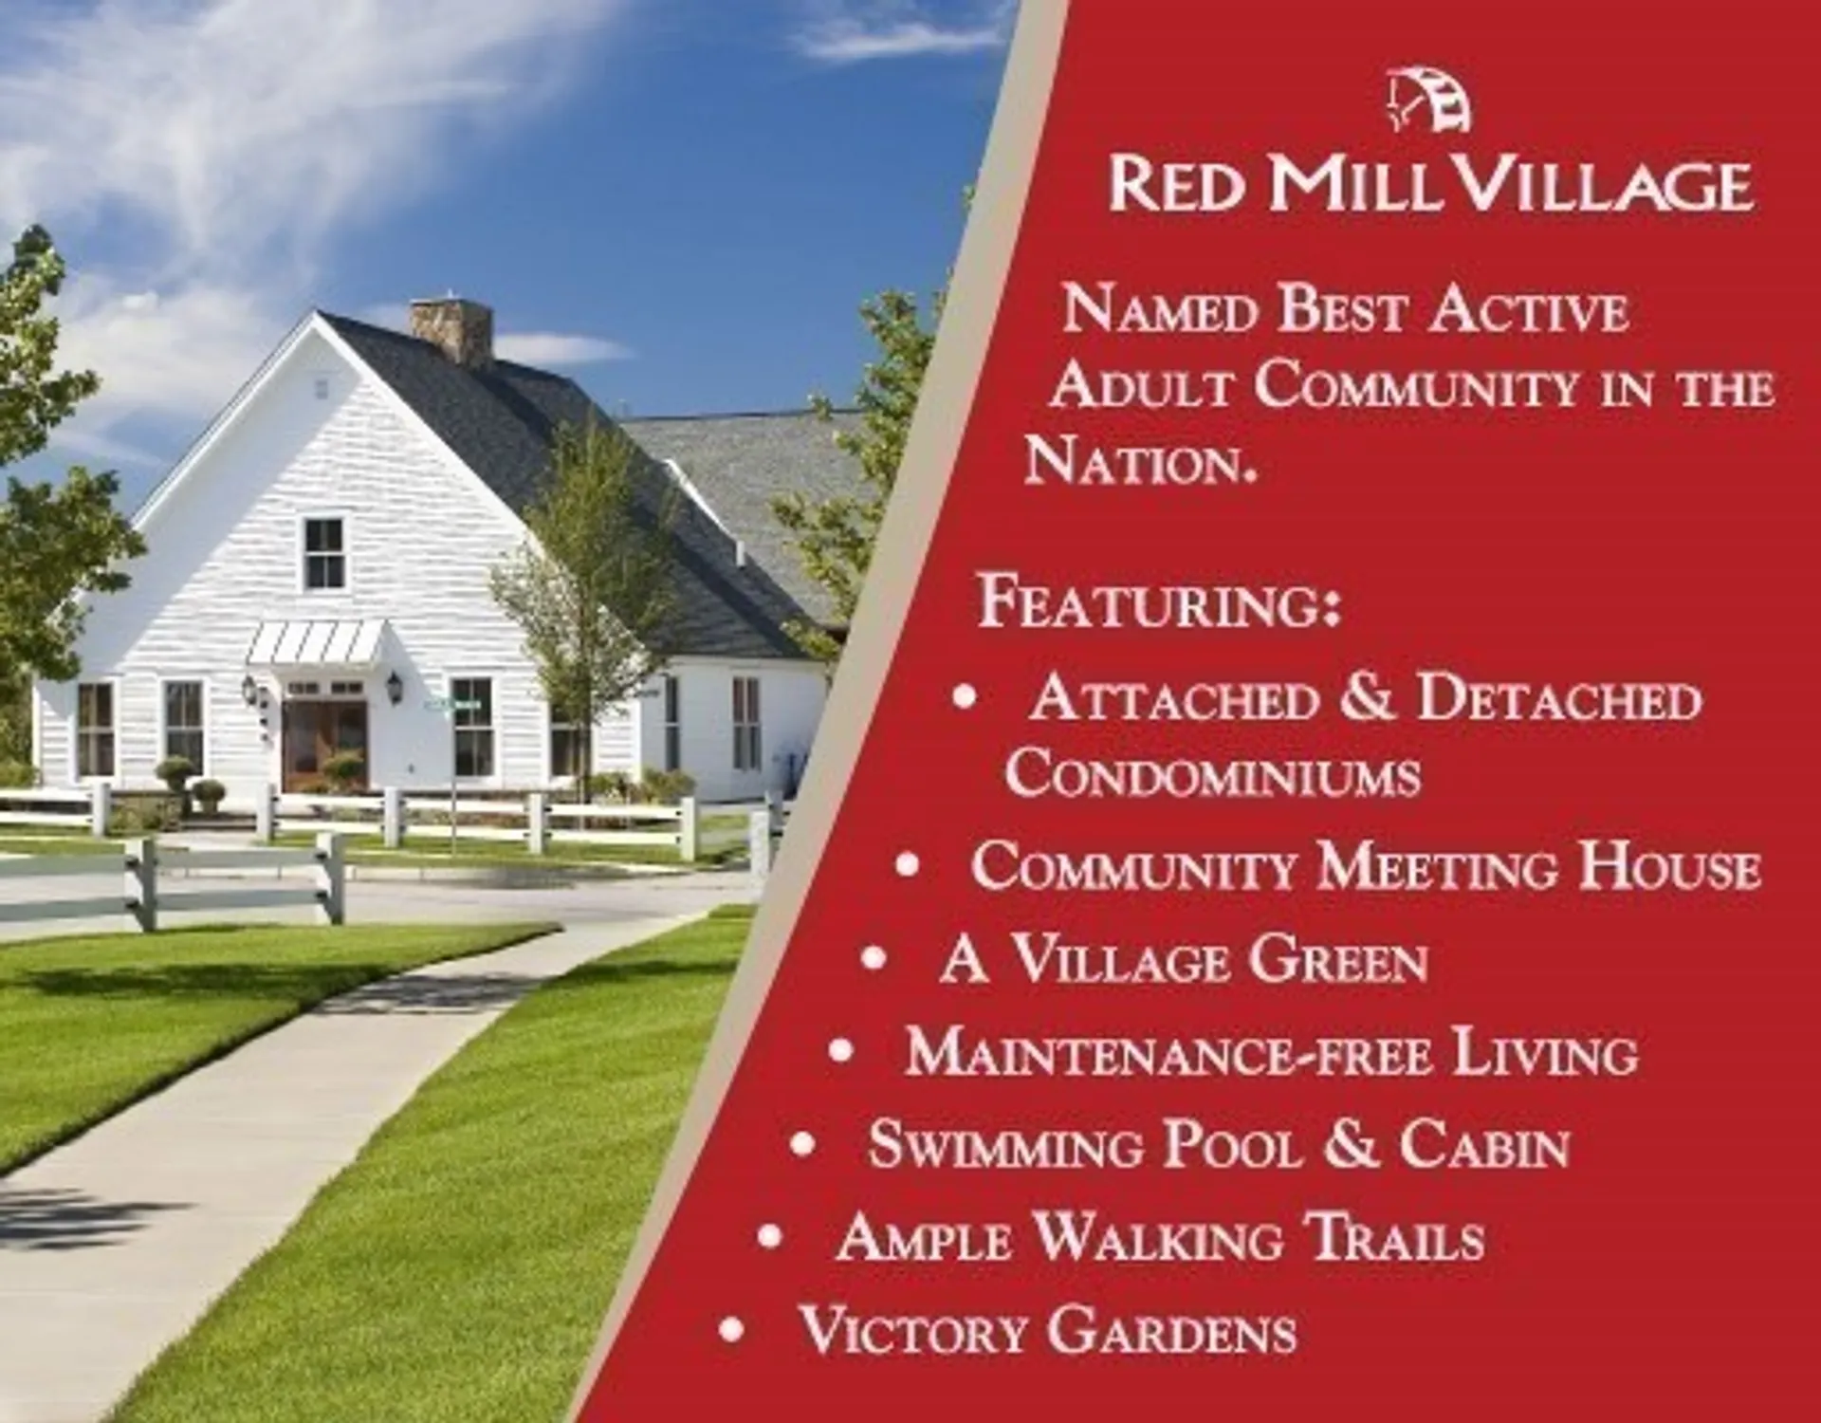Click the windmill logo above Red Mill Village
[1430, 101]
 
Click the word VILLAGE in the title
[1603, 184]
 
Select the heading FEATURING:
[1159, 602]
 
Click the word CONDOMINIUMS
[1213, 773]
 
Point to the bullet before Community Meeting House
[908, 865]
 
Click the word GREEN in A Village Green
[1337, 960]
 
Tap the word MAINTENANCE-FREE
[1168, 1053]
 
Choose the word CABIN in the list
[1484, 1145]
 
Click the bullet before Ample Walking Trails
[770, 1236]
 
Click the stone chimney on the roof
[451, 329]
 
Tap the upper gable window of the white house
[323, 554]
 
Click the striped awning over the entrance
[316, 642]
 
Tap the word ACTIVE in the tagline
[1528, 310]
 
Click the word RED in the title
[1177, 184]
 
